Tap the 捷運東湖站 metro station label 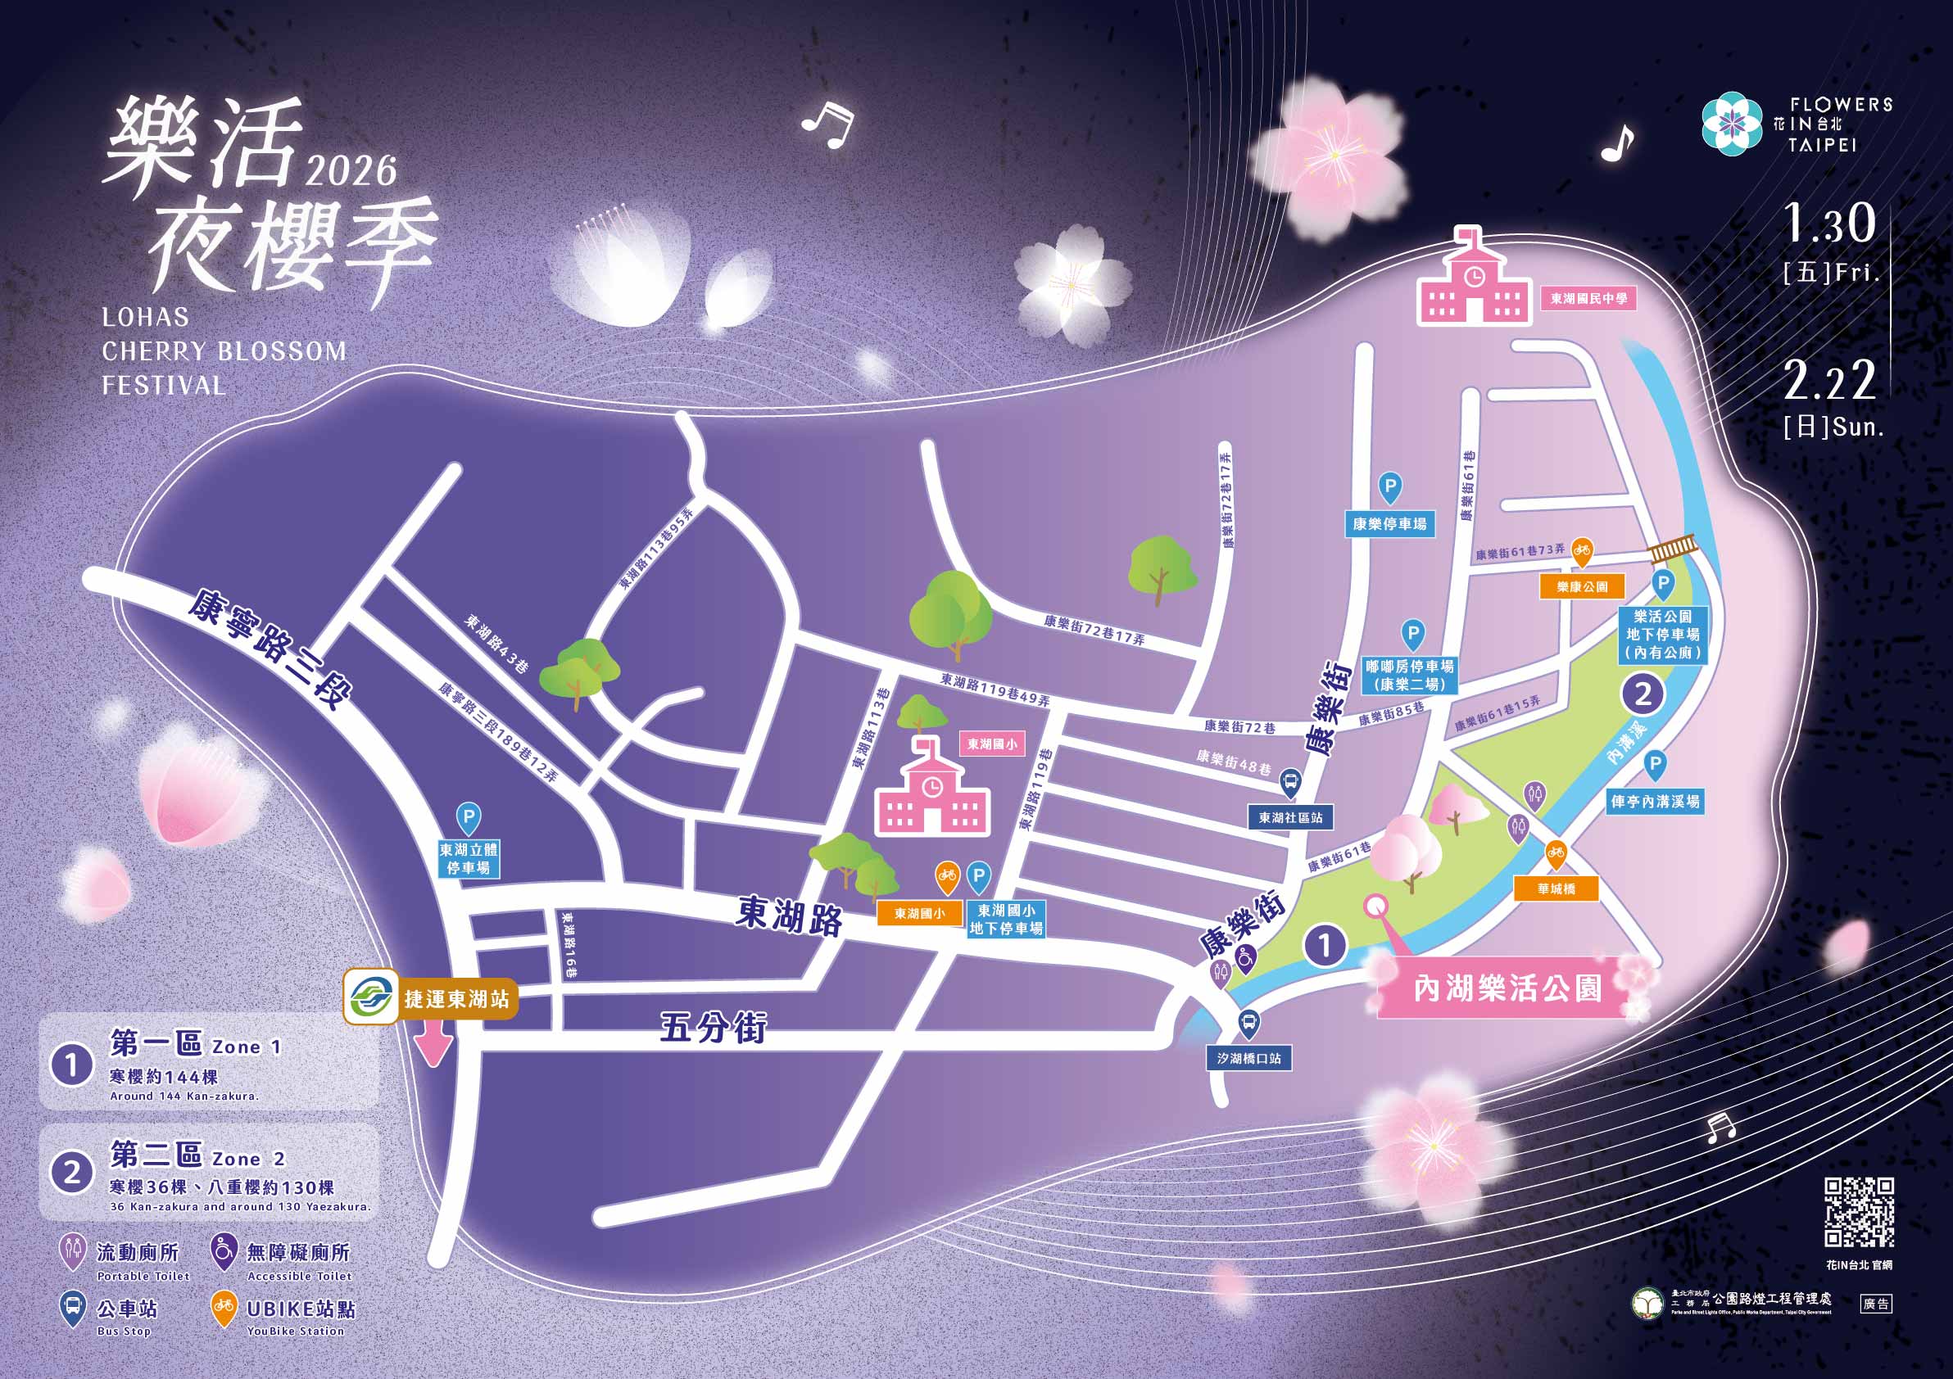pyautogui.click(x=457, y=999)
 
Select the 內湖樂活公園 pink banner pyautogui.click(x=1507, y=988)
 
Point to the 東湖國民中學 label pyautogui.click(x=1589, y=299)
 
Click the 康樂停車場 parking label pyautogui.click(x=1390, y=524)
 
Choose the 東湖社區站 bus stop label pyautogui.click(x=1290, y=818)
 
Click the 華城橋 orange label pyautogui.click(x=1557, y=888)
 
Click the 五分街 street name pyautogui.click(x=713, y=1028)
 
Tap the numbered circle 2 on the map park pyautogui.click(x=1643, y=694)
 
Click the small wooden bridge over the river pyautogui.click(x=1673, y=548)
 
